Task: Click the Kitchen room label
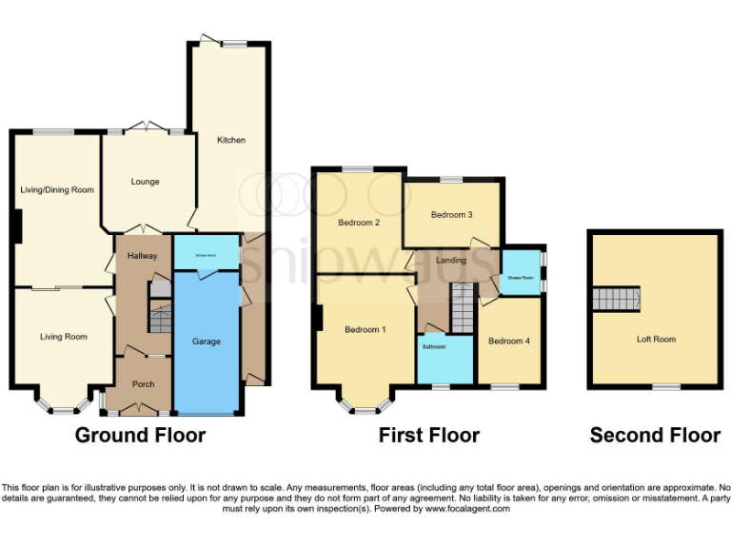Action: click(231, 140)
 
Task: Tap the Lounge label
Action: click(145, 182)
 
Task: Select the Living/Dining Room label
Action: click(57, 190)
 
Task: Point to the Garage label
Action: click(207, 342)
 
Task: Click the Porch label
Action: click(143, 384)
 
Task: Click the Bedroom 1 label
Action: click(365, 330)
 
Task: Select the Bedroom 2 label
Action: click(359, 223)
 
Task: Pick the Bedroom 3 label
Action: click(451, 215)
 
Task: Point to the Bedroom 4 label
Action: click(508, 341)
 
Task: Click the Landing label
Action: click(451, 261)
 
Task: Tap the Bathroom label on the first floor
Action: click(434, 347)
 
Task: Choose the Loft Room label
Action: click(656, 339)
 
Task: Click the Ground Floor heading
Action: click(140, 436)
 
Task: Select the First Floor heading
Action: click(428, 436)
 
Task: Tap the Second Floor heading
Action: click(655, 436)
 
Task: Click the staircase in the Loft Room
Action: click(615, 299)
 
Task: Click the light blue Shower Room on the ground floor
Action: click(207, 254)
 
